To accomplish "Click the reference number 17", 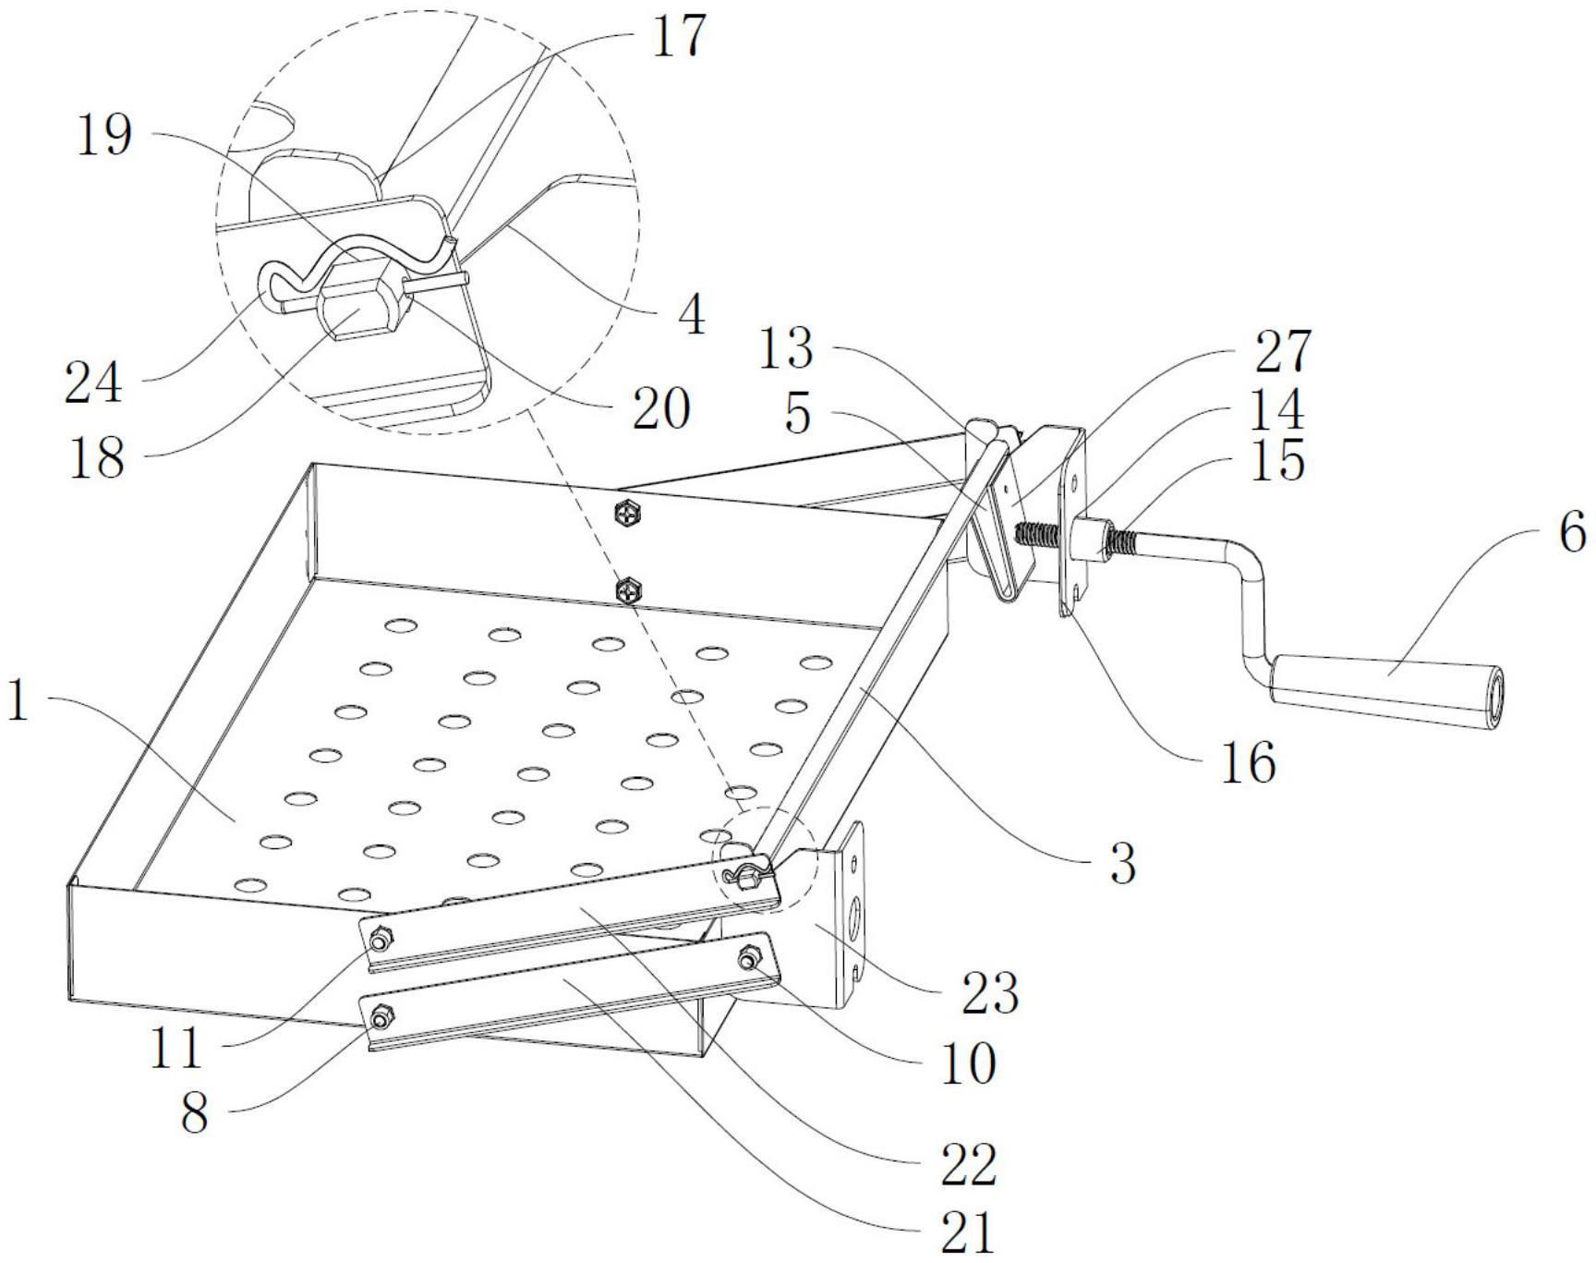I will point(679,37).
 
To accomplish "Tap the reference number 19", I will point(103,136).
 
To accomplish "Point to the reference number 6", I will point(1572,533).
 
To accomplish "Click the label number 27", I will point(1283,352).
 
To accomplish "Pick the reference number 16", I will point(1248,762).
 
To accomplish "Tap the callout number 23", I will point(990,993).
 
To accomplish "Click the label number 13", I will point(786,349).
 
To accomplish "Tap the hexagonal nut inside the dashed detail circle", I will point(356,304).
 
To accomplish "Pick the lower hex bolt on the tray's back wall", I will point(628,589).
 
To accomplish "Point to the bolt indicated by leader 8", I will point(379,1019).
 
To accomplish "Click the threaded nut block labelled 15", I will point(1096,540).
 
